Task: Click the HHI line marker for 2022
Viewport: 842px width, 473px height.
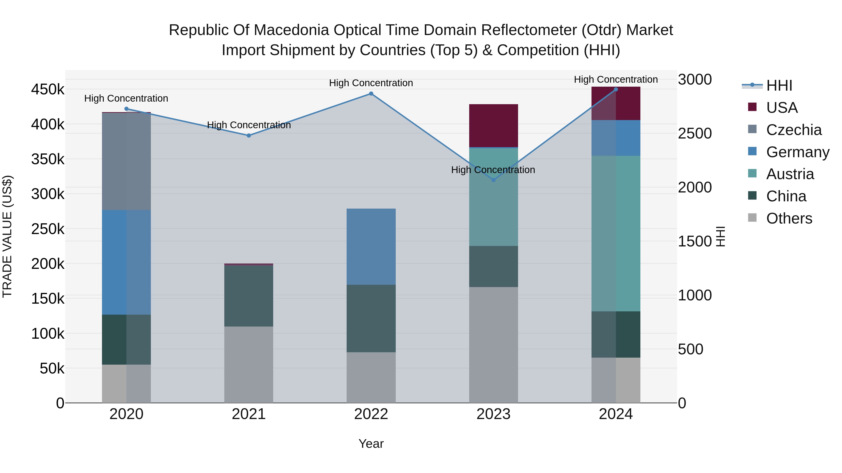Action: tap(371, 94)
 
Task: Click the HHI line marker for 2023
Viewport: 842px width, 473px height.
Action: tap(494, 180)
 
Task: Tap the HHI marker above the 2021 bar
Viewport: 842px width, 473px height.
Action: tap(249, 135)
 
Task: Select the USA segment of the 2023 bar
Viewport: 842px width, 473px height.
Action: tap(494, 126)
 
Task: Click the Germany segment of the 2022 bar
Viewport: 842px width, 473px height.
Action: tap(371, 246)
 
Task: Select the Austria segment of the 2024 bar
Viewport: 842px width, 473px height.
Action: tap(616, 233)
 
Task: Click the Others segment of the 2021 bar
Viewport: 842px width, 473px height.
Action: tap(249, 365)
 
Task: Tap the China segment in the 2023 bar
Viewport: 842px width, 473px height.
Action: tap(494, 266)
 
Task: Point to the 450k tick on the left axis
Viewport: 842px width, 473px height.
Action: tap(48, 89)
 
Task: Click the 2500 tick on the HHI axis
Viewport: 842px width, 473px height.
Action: tap(695, 134)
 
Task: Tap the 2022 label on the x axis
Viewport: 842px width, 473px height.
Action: tap(371, 414)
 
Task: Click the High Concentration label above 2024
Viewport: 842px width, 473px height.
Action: tap(616, 79)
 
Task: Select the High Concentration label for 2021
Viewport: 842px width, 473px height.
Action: tap(249, 125)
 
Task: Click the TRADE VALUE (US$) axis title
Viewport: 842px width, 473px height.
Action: tap(7, 236)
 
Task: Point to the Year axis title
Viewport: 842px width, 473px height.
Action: tap(371, 444)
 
